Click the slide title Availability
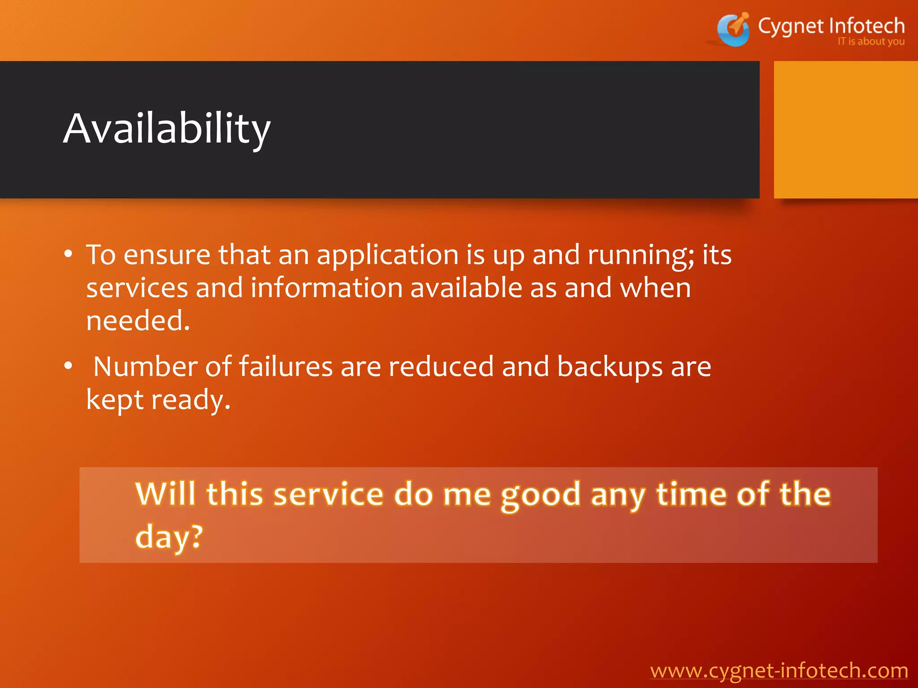(167, 129)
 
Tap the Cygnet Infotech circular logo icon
(733, 30)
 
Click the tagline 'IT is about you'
(871, 42)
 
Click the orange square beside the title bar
(845, 130)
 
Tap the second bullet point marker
(68, 366)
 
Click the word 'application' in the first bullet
(387, 255)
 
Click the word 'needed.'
(138, 321)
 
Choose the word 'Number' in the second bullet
(145, 366)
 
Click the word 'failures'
(286, 366)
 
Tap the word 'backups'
(610, 367)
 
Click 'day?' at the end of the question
(169, 537)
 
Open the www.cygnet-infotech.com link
(779, 671)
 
